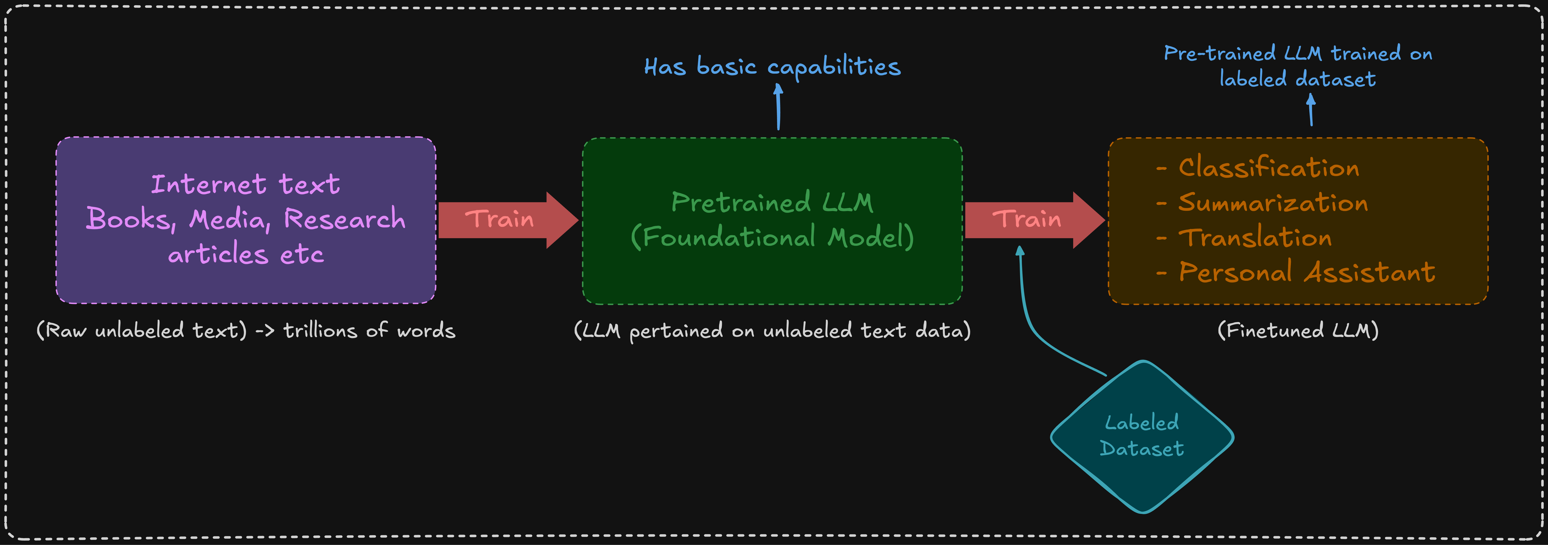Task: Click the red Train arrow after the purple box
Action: pyautogui.click(x=505, y=220)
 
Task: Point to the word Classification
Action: pyautogui.click(x=1268, y=168)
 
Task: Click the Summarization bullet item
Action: pyautogui.click(x=1272, y=203)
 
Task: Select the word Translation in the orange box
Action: pyautogui.click(x=1255, y=238)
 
